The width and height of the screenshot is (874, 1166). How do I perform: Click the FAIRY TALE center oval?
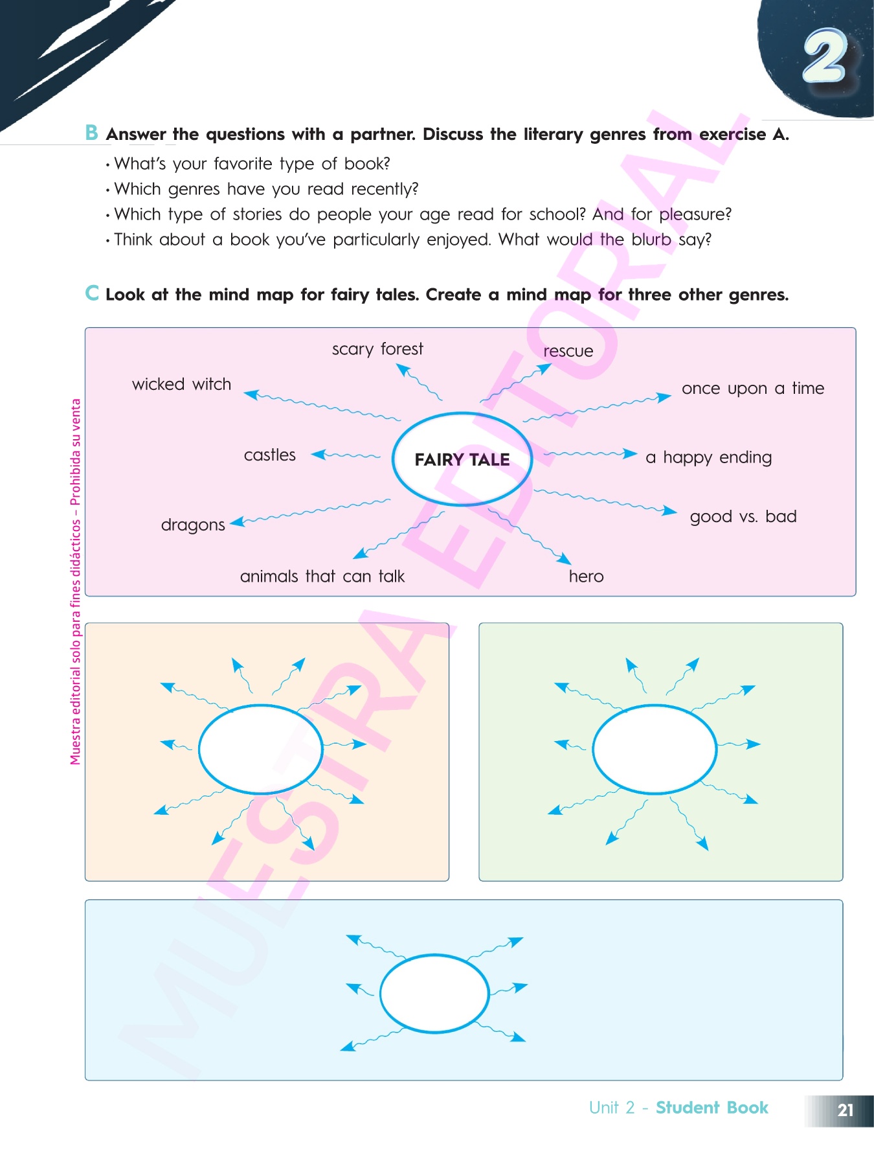pyautogui.click(x=462, y=459)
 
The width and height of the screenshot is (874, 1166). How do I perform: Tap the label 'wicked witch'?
pyautogui.click(x=181, y=384)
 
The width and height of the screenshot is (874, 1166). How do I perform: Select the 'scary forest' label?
pyautogui.click(x=377, y=349)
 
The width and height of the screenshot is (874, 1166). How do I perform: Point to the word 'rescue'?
pyautogui.click(x=568, y=351)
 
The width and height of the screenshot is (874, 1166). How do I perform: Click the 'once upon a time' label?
pyautogui.click(x=752, y=388)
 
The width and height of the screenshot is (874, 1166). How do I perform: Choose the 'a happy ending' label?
pyautogui.click(x=708, y=457)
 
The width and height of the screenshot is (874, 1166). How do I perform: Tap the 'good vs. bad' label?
pyautogui.click(x=743, y=516)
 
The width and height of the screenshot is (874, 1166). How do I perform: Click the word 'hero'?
pyautogui.click(x=586, y=577)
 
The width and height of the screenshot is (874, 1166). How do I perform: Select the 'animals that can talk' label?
pyautogui.click(x=322, y=577)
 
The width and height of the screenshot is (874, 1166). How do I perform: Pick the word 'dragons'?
pyautogui.click(x=193, y=525)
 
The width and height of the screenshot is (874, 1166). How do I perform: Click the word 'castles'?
pyautogui.click(x=269, y=455)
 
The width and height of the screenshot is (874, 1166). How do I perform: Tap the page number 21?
pyautogui.click(x=845, y=1110)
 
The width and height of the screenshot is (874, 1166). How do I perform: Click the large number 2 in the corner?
pyautogui.click(x=825, y=57)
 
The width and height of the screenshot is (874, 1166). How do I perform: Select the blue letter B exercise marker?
pyautogui.click(x=92, y=133)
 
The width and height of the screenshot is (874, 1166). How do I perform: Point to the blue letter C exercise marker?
pyautogui.click(x=92, y=293)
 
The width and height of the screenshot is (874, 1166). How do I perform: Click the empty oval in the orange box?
pyautogui.click(x=260, y=749)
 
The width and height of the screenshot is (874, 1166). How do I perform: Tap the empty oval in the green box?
pyautogui.click(x=655, y=749)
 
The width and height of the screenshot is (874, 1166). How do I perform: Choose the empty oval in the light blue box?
pyautogui.click(x=434, y=993)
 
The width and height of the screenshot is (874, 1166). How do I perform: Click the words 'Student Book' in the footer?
pyautogui.click(x=712, y=1108)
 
